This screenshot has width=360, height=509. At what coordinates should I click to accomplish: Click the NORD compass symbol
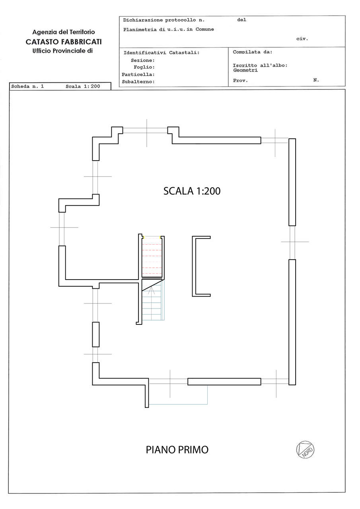coord(305,450)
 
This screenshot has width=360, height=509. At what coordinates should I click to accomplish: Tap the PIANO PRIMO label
coord(177,450)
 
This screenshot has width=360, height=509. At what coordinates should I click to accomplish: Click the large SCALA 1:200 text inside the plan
coord(192,191)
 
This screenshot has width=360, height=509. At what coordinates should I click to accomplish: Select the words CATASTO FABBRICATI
coord(64,42)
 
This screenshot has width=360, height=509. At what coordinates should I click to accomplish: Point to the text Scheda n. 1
coord(27,86)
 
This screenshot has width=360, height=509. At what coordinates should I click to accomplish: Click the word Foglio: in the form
coord(144,67)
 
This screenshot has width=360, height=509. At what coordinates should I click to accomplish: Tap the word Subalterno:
coord(138,82)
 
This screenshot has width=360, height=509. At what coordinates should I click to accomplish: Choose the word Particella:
coord(138,74)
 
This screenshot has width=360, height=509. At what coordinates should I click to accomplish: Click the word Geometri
coord(245,70)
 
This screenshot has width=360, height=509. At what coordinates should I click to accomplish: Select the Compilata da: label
coord(253,52)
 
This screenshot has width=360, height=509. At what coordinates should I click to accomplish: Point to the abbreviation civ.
coord(302,39)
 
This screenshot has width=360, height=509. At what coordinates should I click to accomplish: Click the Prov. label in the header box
coord(240,80)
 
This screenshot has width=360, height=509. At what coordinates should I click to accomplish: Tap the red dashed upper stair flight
coord(152,257)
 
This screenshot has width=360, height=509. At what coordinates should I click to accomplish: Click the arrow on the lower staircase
coord(152,291)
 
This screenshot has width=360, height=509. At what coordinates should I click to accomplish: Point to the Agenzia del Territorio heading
coord(64,32)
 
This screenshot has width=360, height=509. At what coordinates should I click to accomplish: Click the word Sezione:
coord(143,60)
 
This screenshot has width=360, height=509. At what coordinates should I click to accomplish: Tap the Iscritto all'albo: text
coord(260,66)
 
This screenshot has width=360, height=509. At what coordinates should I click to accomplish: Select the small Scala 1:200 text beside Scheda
coord(83,86)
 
